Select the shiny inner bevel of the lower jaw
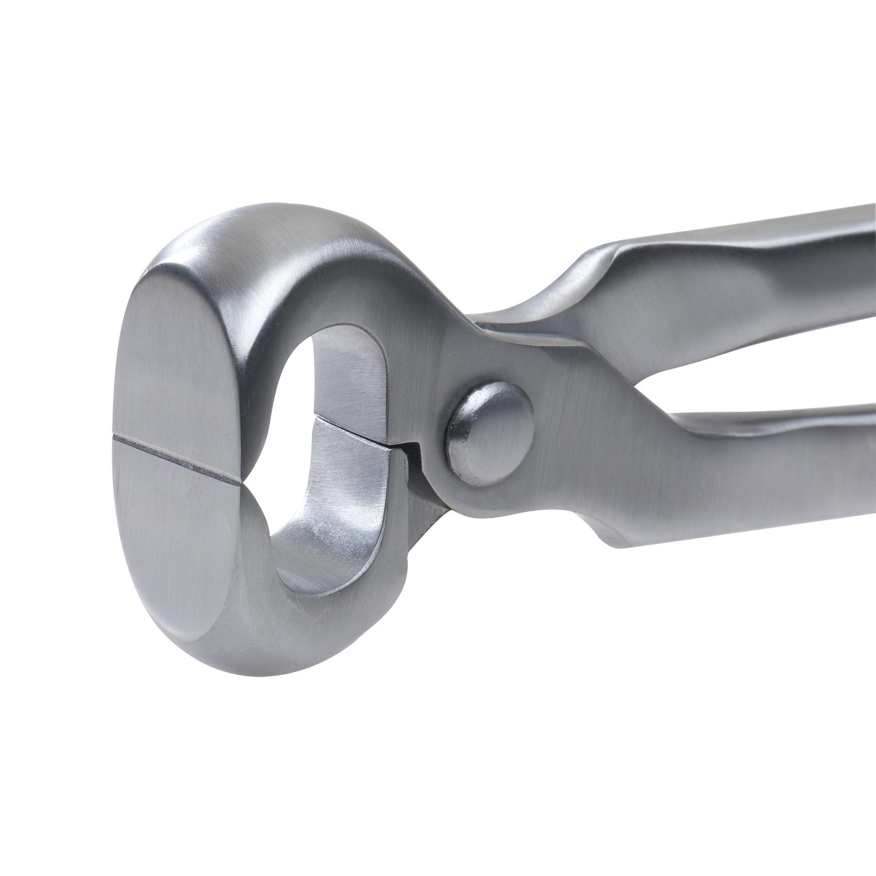coord(336,526)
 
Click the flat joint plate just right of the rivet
coord(574,438)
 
